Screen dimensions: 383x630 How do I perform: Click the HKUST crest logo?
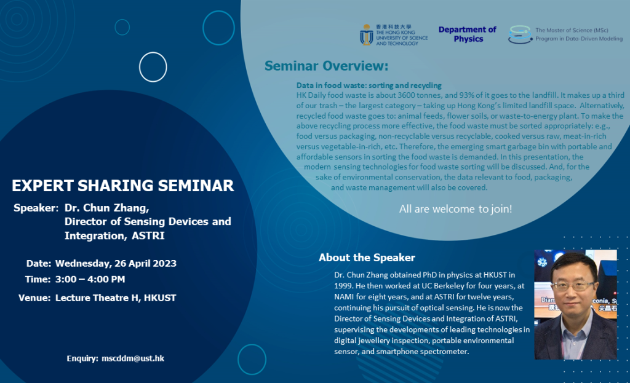point(367,34)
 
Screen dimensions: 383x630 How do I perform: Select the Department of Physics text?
point(468,34)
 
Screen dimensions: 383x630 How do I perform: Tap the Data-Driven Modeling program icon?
point(520,34)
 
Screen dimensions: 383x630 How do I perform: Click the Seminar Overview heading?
point(326,66)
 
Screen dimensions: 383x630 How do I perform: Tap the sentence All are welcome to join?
point(455,209)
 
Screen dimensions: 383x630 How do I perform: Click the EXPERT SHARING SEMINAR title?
point(123,186)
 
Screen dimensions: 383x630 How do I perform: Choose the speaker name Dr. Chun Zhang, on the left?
point(106,208)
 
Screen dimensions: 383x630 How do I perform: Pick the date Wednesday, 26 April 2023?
point(116,264)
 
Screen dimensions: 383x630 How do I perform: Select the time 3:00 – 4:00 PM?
point(90,280)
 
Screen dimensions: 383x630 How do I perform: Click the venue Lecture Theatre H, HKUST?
point(116,298)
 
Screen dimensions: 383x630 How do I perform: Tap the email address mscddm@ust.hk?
point(133,358)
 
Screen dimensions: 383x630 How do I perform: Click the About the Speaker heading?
point(367,258)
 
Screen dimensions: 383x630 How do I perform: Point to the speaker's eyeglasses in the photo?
point(573,286)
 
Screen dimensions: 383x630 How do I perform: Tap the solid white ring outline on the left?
point(153,67)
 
